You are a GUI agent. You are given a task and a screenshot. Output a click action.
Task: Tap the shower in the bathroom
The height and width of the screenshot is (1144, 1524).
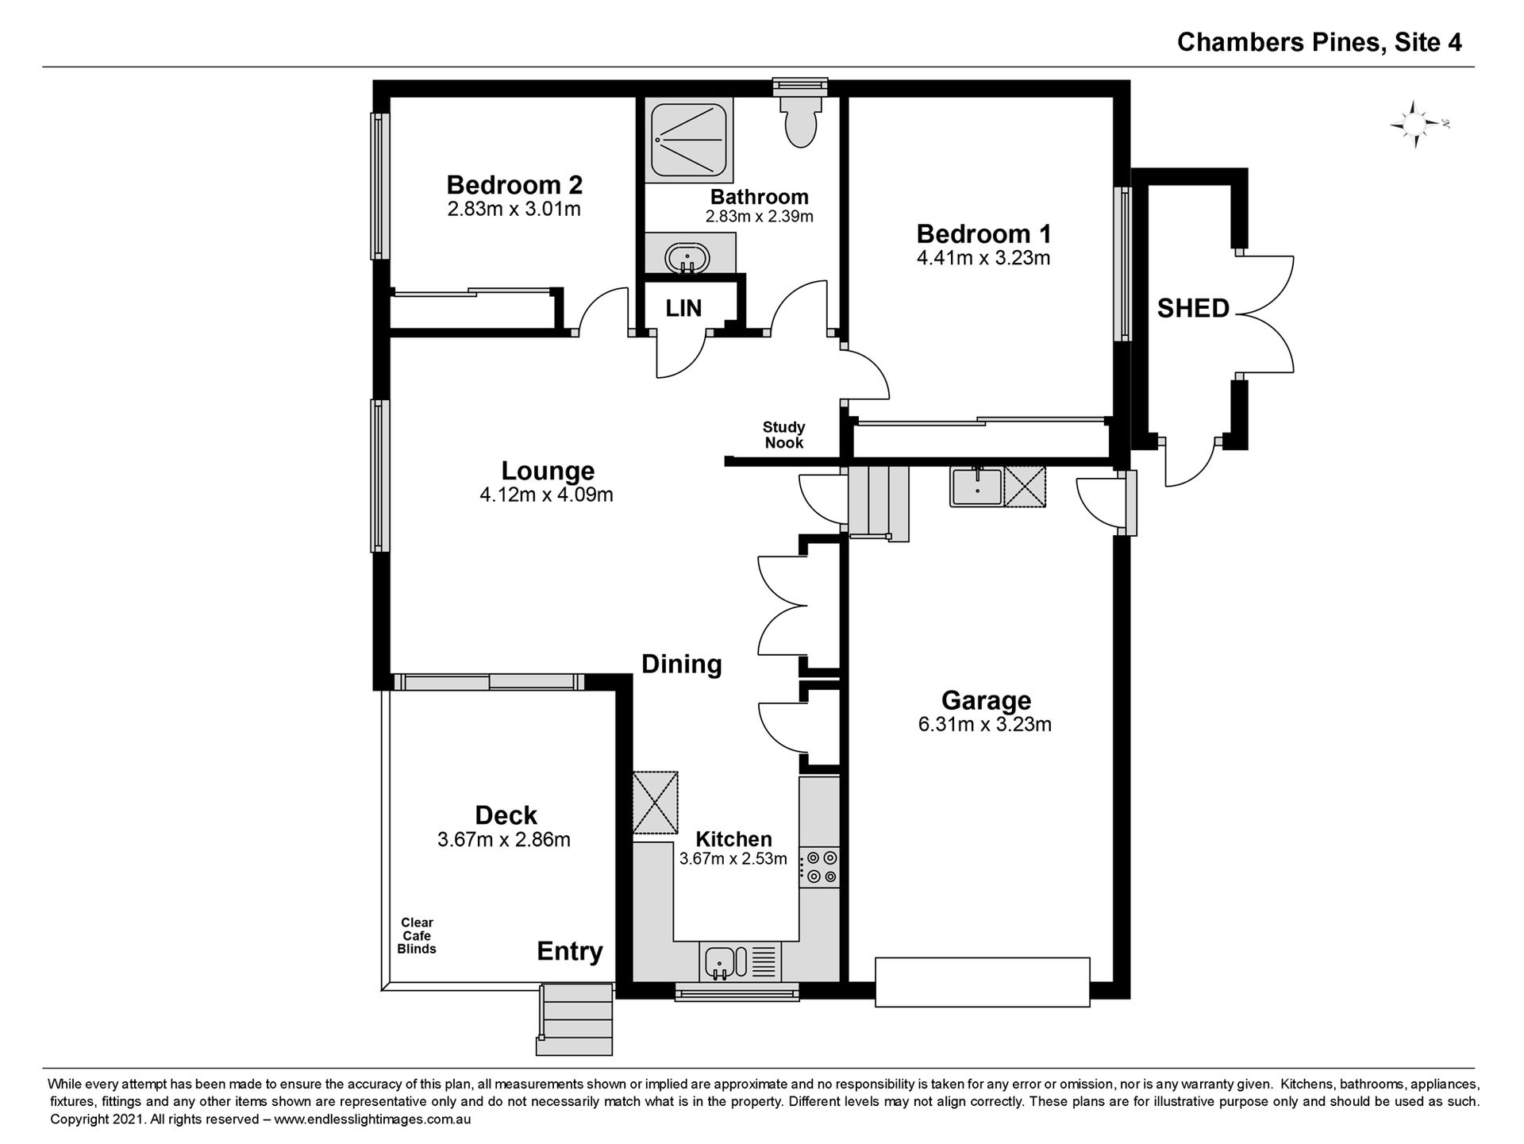pyautogui.click(x=688, y=141)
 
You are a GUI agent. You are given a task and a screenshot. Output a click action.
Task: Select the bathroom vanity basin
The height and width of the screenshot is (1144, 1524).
pyautogui.click(x=687, y=256)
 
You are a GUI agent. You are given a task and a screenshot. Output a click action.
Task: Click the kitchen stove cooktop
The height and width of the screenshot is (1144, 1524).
pyautogui.click(x=819, y=867)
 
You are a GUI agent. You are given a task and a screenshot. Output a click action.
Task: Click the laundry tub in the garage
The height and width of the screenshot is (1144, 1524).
pyautogui.click(x=976, y=487)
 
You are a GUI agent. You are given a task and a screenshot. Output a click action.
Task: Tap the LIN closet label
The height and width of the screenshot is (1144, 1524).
pyautogui.click(x=683, y=308)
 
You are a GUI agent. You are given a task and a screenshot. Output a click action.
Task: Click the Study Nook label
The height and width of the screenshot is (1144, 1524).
pyautogui.click(x=784, y=435)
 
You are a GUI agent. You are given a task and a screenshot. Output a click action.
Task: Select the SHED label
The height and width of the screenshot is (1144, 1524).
pyautogui.click(x=1193, y=308)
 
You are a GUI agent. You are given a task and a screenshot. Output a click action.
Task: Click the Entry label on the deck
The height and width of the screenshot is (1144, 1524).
pyautogui.click(x=570, y=951)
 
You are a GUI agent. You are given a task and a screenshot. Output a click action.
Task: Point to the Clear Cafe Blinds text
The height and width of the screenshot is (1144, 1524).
pyautogui.click(x=417, y=935)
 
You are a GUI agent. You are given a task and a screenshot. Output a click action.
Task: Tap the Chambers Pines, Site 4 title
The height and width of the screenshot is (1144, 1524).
pyautogui.click(x=1319, y=42)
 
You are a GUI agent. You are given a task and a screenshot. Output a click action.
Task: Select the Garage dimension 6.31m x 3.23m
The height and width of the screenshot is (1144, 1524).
pyautogui.click(x=985, y=724)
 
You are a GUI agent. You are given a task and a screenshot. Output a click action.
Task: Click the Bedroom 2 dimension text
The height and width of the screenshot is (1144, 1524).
pyautogui.click(x=514, y=210)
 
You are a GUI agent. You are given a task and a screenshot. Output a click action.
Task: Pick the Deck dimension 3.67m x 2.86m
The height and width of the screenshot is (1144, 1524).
pyautogui.click(x=504, y=839)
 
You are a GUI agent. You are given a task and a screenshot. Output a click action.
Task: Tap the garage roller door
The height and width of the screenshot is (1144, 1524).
pyautogui.click(x=983, y=982)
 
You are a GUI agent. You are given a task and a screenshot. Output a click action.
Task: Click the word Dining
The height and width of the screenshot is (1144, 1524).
pyautogui.click(x=682, y=664)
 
